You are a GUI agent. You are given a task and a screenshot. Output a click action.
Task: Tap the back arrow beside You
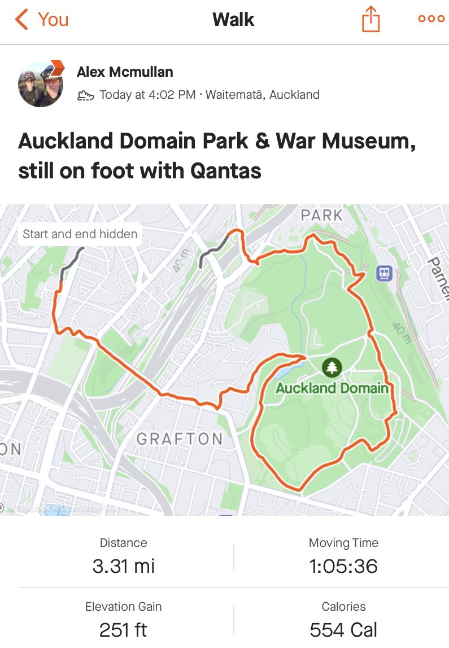pos(21,20)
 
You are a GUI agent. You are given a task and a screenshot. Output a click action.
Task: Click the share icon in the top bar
pos(370,20)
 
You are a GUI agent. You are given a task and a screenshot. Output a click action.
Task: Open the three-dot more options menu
pos(431,19)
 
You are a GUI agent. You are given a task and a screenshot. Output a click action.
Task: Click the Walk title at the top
pos(233,20)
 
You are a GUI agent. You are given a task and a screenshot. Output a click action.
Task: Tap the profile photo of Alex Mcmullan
pos(41,84)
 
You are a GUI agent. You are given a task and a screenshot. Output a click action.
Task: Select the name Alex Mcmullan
pos(125,72)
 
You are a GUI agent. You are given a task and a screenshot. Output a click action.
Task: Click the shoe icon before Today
pos(85,95)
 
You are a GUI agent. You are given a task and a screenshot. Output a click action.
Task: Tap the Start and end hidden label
pos(80,234)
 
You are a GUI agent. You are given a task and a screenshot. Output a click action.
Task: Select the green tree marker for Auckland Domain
pos(332,367)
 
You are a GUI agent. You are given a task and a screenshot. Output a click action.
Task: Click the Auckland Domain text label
pos(332,388)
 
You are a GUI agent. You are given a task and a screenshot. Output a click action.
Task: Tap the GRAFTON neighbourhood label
pos(180,439)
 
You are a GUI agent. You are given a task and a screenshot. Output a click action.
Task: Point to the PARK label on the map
pos(321,215)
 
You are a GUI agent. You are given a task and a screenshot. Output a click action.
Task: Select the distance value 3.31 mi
pos(123,566)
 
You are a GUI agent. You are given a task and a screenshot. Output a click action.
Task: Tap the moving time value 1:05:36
pos(343,566)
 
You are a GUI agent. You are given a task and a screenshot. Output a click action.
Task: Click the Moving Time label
pos(343,543)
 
